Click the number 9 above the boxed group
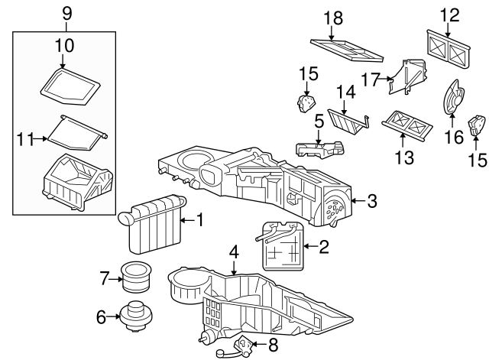(x=65, y=12)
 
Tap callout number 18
(x=332, y=18)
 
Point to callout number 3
(x=372, y=202)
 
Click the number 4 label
(x=234, y=251)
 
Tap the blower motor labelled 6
(x=136, y=316)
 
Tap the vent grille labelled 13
(x=406, y=122)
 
